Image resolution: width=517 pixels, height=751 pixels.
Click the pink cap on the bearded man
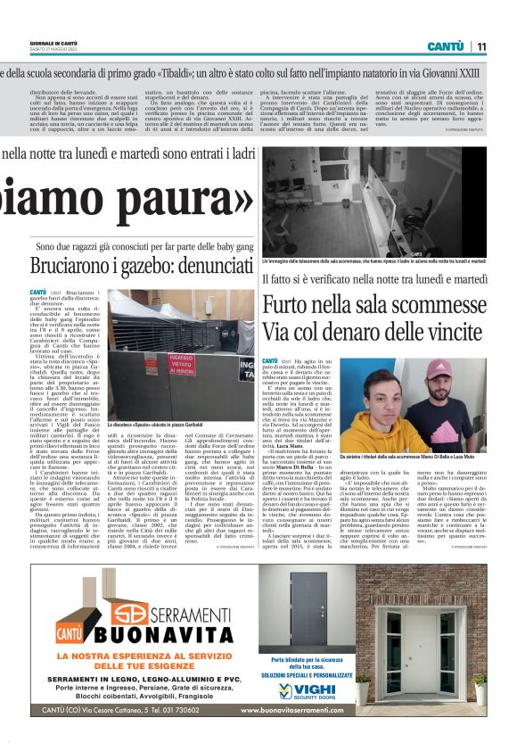point(435,370)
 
